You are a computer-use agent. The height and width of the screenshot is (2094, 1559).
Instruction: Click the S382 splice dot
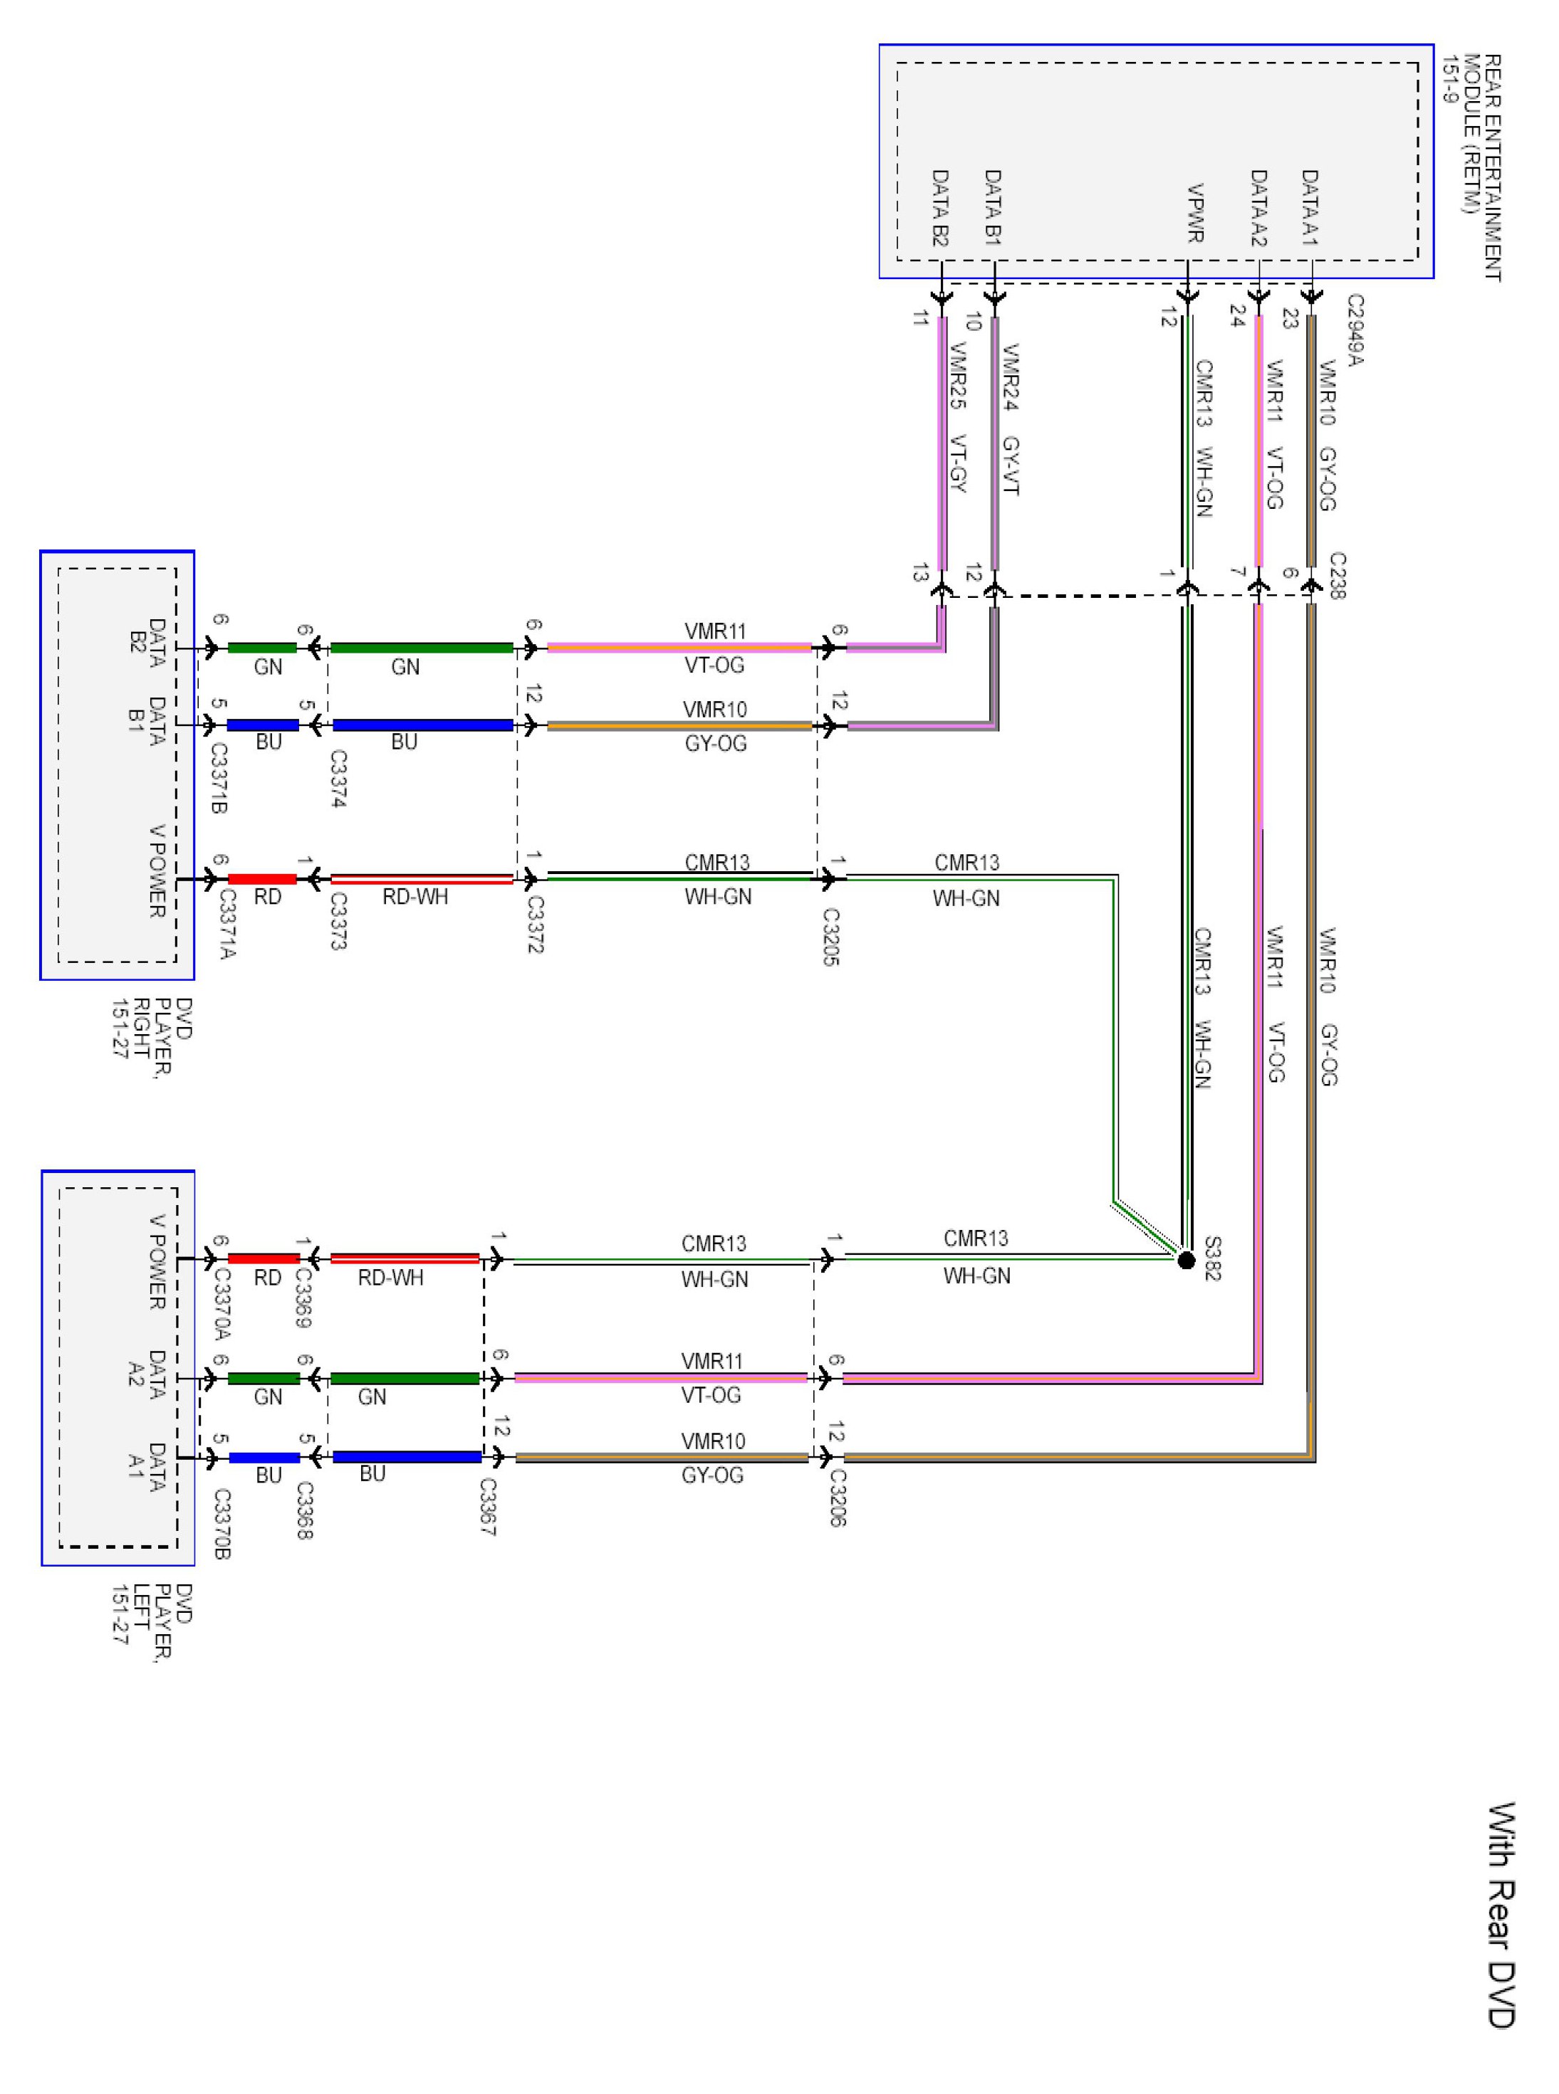pos(1187,1261)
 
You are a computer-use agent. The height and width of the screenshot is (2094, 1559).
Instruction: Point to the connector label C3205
pos(830,937)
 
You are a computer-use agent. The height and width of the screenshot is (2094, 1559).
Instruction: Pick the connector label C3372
pos(535,925)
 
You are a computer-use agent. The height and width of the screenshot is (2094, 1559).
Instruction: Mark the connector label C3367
pos(487,1506)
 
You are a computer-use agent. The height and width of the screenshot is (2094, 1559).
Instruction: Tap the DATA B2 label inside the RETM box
pos(940,209)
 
